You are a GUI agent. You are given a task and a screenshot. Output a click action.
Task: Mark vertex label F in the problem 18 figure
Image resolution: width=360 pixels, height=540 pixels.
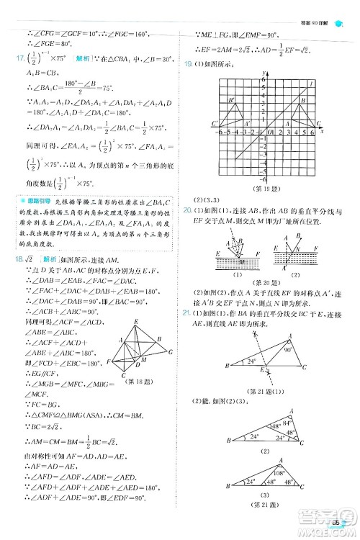coord(107,360)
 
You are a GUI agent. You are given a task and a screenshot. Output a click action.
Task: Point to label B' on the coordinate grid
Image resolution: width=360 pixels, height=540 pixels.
coord(230,101)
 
